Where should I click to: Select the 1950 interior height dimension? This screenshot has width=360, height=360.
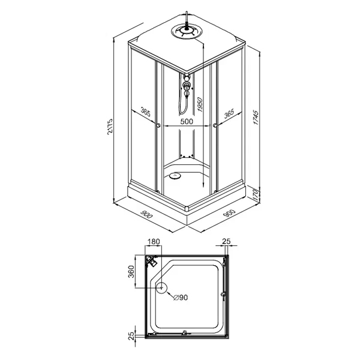click(200, 105)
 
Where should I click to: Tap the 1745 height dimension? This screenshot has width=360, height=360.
click(256, 118)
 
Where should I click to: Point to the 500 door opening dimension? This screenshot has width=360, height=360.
click(187, 121)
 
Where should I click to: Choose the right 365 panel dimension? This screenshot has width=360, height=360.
click(229, 113)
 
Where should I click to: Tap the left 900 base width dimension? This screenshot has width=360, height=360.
click(146, 214)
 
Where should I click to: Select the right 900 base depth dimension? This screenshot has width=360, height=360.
click(229, 214)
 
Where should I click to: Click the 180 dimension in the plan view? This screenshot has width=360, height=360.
click(154, 242)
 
